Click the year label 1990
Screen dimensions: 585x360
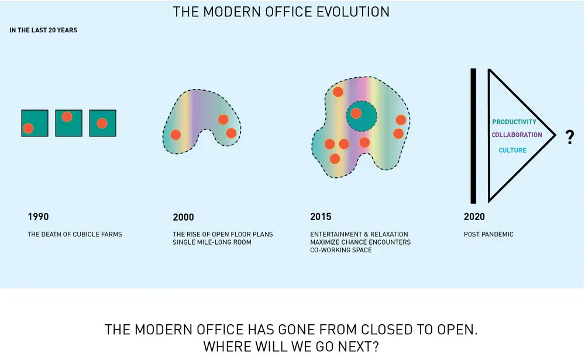tap(38, 217)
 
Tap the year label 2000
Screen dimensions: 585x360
tap(183, 217)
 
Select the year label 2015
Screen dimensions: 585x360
tap(321, 217)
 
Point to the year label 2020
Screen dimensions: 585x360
tap(474, 217)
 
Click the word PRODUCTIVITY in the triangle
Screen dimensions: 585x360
tap(514, 122)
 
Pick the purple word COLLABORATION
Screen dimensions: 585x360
tap(517, 135)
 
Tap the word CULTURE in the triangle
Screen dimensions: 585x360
tap(512, 150)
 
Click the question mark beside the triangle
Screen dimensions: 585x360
tap(570, 137)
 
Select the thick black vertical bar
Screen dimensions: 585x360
tap(473, 136)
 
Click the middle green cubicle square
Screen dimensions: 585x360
tap(68, 123)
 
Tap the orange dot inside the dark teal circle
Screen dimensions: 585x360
tap(356, 113)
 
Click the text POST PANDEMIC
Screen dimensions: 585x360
tap(488, 234)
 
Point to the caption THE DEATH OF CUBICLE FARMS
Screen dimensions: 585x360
tap(75, 234)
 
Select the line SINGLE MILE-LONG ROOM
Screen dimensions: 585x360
tap(212, 242)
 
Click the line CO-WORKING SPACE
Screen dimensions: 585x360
tap(341, 250)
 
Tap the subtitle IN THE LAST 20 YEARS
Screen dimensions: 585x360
tap(43, 30)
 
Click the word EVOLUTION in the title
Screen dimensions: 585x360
tap(353, 12)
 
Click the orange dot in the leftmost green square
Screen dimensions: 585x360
tap(28, 128)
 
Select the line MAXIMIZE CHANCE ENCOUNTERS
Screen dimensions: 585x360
tap(360, 242)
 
